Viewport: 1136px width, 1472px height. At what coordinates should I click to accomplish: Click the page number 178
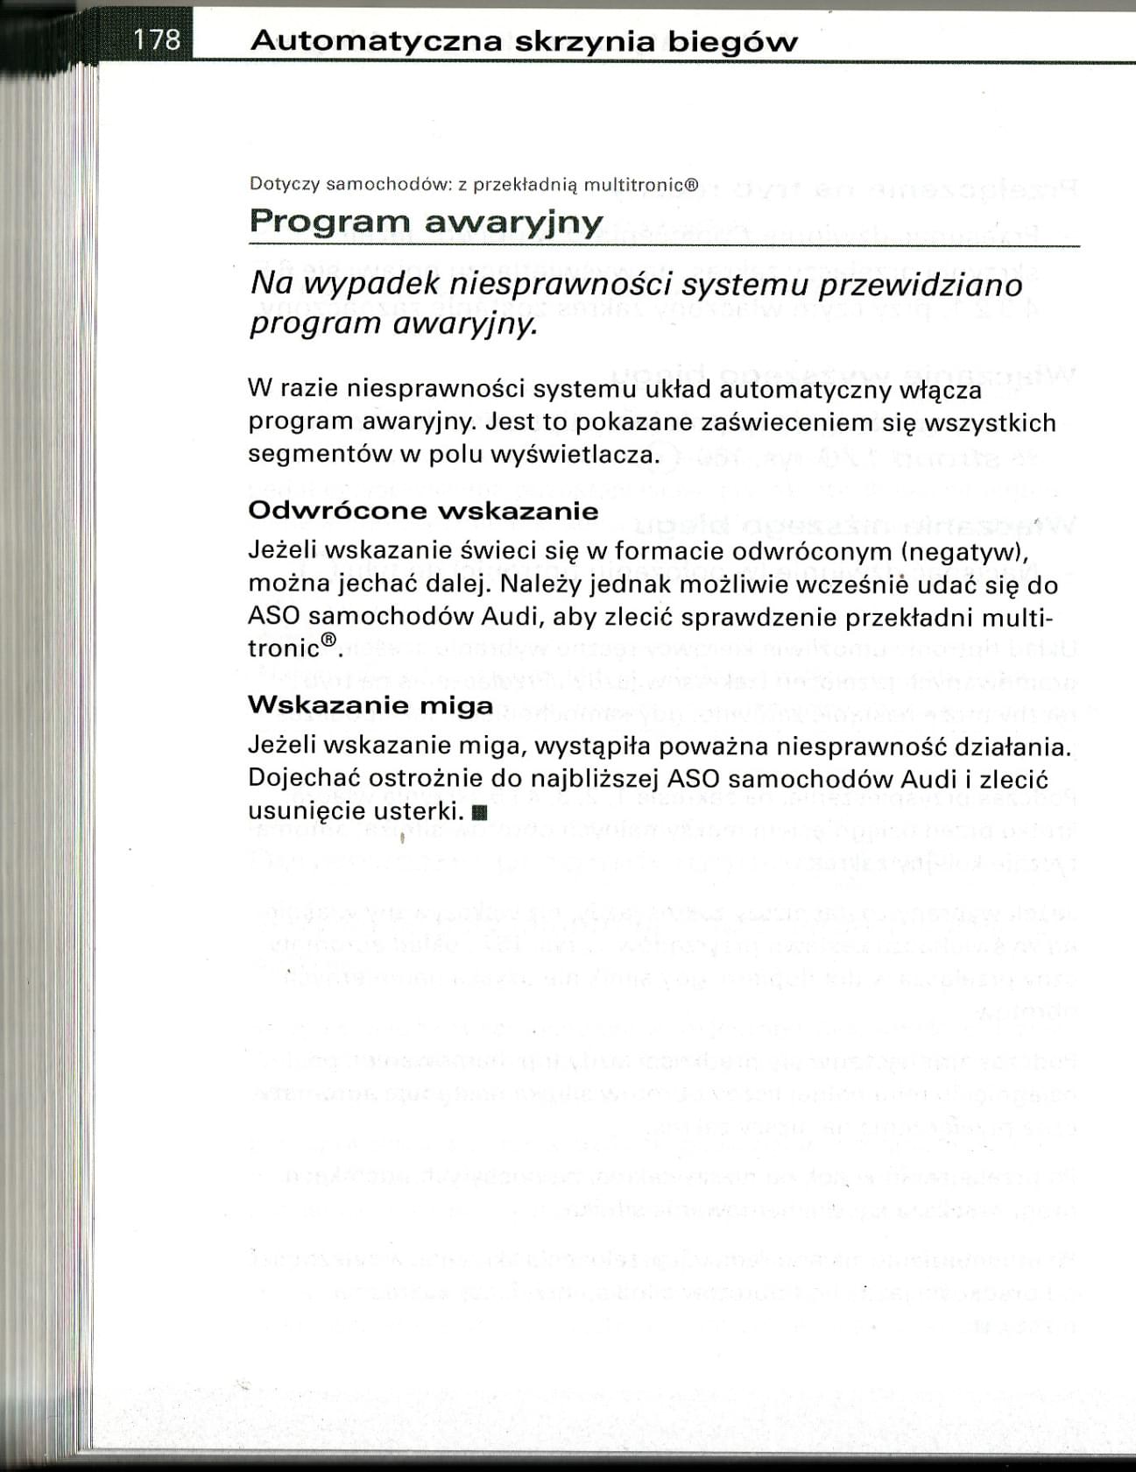[x=158, y=40]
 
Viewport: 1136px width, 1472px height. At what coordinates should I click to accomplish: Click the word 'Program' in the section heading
[x=328, y=222]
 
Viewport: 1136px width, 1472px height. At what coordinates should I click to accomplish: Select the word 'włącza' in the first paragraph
[x=938, y=390]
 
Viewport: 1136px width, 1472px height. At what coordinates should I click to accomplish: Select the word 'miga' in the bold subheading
[x=457, y=705]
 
